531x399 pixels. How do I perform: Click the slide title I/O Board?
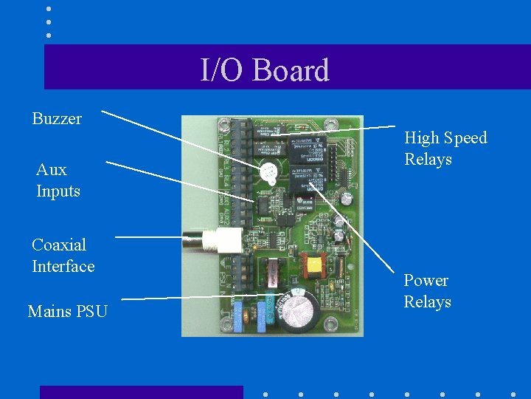coord(265,70)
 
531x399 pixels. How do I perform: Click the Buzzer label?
coord(57,118)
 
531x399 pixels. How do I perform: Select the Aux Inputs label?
coord(58,180)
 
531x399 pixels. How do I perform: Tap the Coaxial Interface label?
coord(63,255)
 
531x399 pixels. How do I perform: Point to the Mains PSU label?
coord(67,311)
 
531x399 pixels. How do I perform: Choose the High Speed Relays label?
coord(445,149)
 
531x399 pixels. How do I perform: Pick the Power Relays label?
coord(427,291)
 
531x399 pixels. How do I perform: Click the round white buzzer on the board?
coord(266,173)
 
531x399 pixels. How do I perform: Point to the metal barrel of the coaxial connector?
coord(196,239)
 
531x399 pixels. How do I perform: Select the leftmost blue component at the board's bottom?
coord(238,314)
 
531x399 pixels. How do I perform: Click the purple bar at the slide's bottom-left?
coord(141,392)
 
